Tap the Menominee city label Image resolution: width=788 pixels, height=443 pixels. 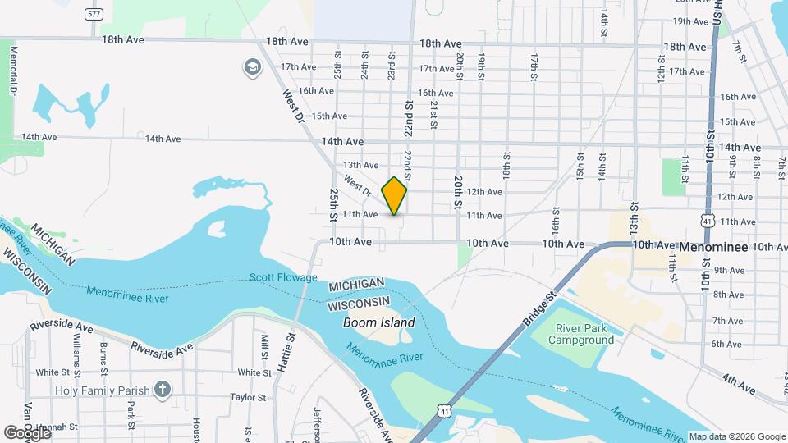[712, 246]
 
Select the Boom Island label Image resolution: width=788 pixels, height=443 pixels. [378, 322]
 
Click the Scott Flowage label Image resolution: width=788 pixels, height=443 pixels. [283, 278]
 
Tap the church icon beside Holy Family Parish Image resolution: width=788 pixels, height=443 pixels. [163, 390]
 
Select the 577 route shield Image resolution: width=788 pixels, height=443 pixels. [94, 14]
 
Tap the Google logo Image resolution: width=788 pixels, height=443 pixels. [26, 432]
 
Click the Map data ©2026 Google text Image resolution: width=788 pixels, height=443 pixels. [737, 436]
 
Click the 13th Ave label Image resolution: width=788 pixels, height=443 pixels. [361, 166]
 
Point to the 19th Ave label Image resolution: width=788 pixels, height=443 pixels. [690, 21]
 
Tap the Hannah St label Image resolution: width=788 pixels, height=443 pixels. [61, 427]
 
